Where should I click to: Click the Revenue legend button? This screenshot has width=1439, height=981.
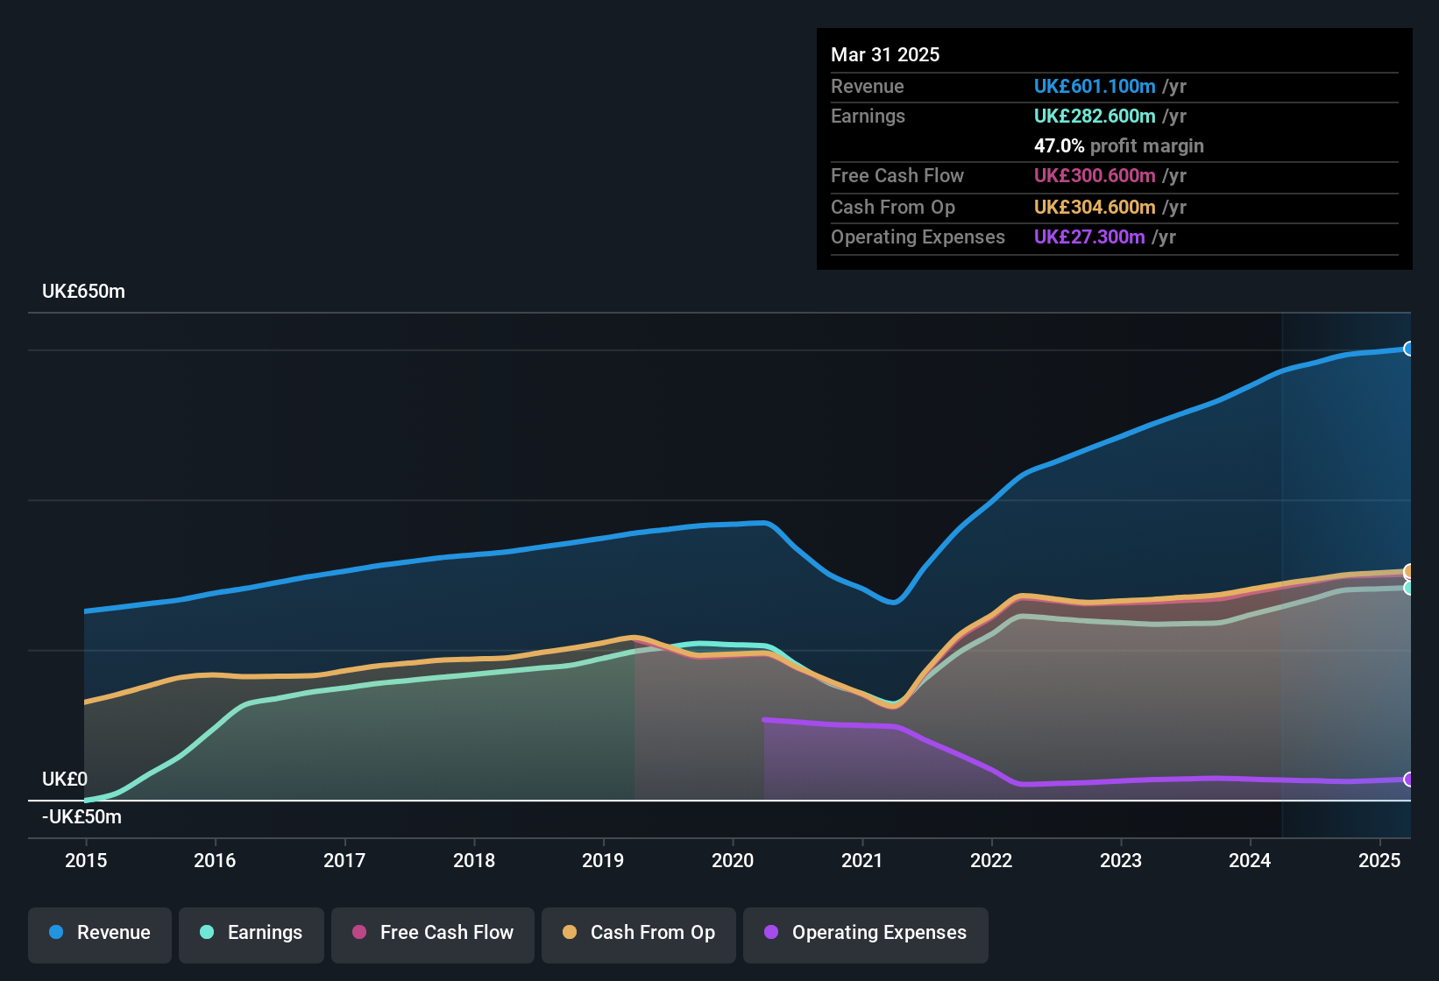[100, 933]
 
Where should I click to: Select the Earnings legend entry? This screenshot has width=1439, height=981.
[251, 933]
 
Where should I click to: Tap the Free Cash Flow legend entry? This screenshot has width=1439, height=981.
[433, 933]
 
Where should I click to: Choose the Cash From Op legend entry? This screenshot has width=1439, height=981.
[639, 933]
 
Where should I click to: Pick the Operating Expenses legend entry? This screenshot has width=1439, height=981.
[865, 933]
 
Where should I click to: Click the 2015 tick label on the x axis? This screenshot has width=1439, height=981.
[86, 860]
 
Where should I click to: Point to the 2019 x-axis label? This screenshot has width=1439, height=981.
[603, 860]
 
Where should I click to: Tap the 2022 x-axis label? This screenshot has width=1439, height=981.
[991, 860]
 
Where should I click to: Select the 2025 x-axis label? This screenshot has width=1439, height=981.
[1379, 860]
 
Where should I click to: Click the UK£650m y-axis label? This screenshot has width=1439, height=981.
[83, 292]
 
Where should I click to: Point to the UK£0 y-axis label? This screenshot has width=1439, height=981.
[65, 780]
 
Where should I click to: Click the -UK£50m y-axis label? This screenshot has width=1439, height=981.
[82, 817]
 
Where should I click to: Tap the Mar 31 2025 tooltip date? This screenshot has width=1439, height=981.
[885, 55]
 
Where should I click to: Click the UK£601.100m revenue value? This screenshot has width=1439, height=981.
[1095, 87]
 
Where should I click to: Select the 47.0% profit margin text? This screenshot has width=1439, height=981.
[1118, 146]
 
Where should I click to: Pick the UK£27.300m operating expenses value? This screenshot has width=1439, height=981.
[1089, 237]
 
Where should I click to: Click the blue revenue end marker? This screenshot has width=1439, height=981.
[1408, 349]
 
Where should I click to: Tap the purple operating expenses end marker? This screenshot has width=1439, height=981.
[1408, 780]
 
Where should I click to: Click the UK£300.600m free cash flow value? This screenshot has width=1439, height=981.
[1095, 176]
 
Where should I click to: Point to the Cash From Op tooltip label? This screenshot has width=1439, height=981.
[892, 208]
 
